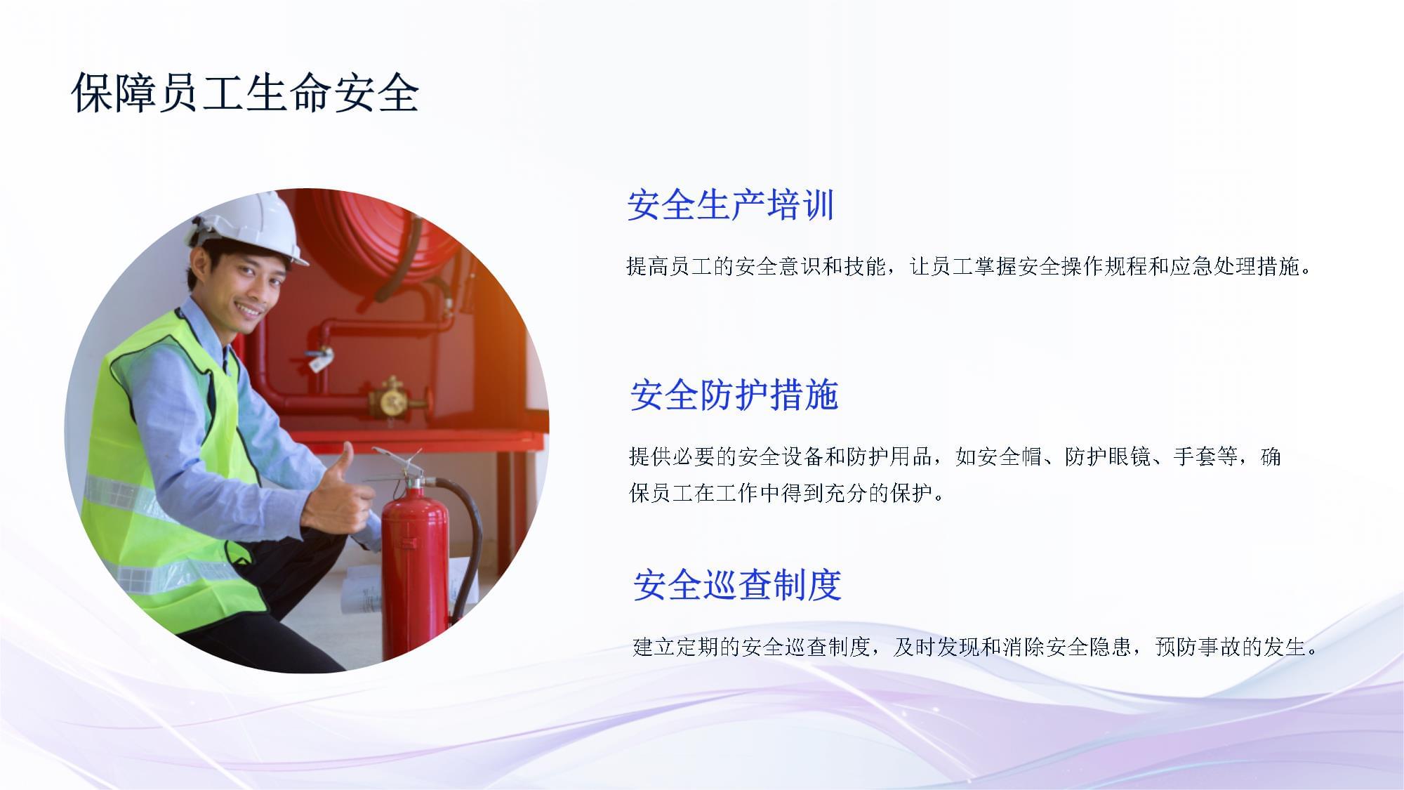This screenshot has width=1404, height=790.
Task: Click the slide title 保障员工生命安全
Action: [x=245, y=92]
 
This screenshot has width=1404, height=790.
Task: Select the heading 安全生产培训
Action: [x=730, y=205]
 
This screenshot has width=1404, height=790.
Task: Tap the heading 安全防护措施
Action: [x=734, y=395]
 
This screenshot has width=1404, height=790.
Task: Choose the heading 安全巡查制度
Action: [x=737, y=584]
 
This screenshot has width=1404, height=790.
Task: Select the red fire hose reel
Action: [x=393, y=239]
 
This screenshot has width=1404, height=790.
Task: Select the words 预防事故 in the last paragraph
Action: [x=1198, y=646]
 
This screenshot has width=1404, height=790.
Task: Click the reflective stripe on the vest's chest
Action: [x=126, y=495]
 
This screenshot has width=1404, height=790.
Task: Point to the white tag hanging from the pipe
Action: [x=320, y=362]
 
